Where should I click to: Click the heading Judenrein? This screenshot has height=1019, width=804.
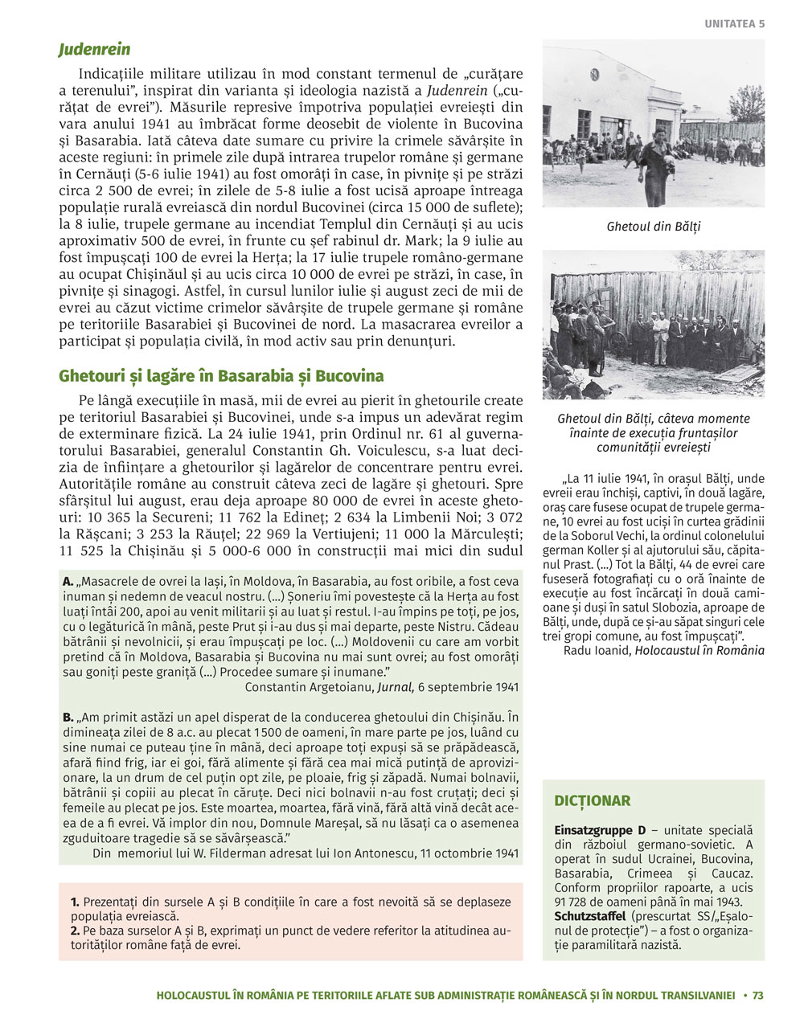[94, 50]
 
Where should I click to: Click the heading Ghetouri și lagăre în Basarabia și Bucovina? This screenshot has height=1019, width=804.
[221, 376]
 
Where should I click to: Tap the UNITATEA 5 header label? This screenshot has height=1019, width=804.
[735, 23]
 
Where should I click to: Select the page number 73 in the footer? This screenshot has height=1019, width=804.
[757, 995]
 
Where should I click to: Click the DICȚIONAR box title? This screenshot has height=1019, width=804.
[593, 800]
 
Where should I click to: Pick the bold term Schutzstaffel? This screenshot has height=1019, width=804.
[590, 916]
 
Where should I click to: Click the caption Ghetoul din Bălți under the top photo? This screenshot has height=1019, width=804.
[654, 227]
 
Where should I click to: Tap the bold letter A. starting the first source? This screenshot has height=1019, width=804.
[68, 581]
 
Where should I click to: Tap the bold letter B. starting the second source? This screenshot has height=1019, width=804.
[68, 716]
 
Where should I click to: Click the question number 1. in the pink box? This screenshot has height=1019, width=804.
[75, 902]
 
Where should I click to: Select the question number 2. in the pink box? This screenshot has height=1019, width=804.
[75, 931]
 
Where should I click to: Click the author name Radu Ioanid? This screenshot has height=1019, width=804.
[597, 650]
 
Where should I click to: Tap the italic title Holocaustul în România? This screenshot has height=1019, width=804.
[699, 650]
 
